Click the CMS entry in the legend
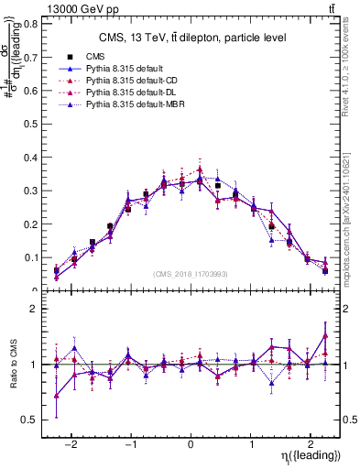pos(93,57)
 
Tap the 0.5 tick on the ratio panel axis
pos(29,420)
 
